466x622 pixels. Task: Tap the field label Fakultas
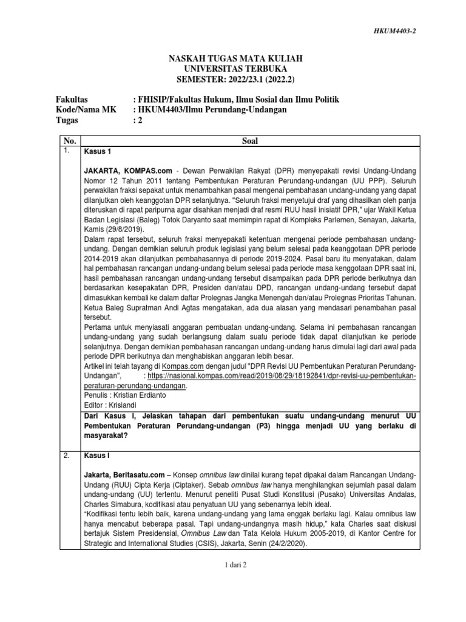[71, 98]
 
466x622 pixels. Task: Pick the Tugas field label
[67, 120]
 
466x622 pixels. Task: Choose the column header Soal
[249, 141]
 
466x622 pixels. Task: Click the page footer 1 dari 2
[233, 564]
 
